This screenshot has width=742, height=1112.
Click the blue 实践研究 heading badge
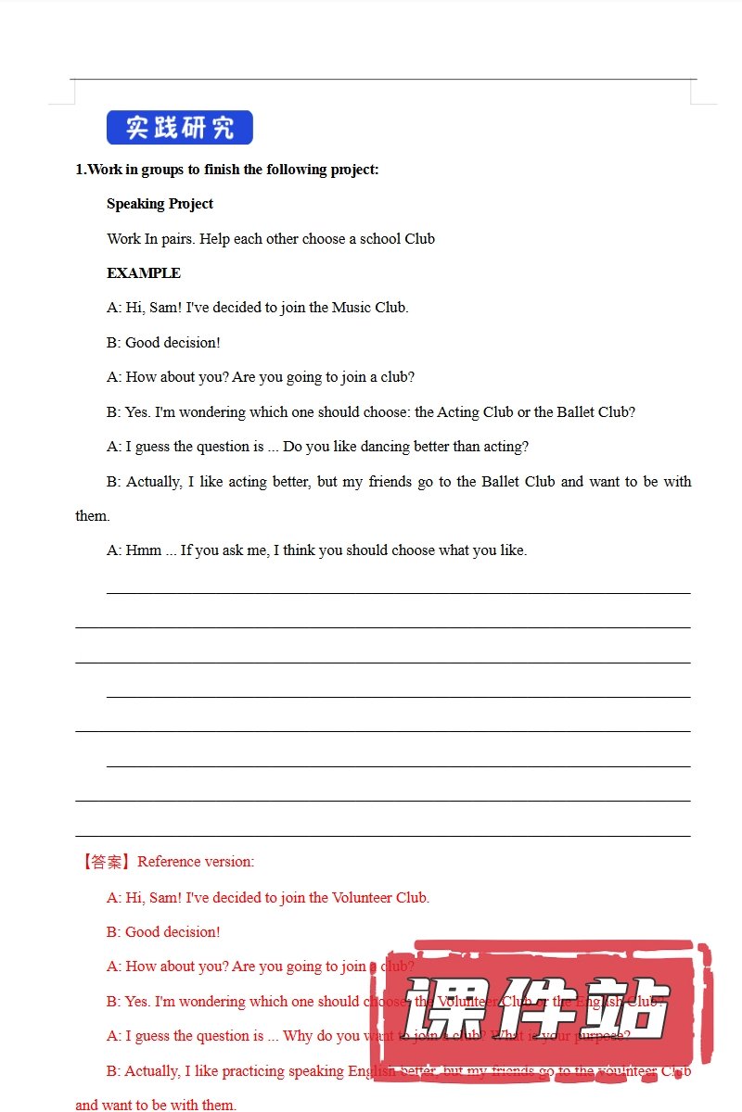pyautogui.click(x=179, y=128)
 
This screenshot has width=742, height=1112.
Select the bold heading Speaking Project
pyautogui.click(x=160, y=204)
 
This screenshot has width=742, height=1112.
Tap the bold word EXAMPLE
pyautogui.click(x=144, y=273)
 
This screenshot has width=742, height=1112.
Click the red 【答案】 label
pyautogui.click(x=105, y=862)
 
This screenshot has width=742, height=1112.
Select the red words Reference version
pyautogui.click(x=196, y=862)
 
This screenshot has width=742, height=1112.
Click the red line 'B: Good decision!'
pyautogui.click(x=163, y=932)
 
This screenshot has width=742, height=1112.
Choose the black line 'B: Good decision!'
pyautogui.click(x=163, y=343)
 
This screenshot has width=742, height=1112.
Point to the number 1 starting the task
pyautogui.click(x=80, y=170)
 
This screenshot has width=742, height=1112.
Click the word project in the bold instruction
pyautogui.click(x=353, y=170)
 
